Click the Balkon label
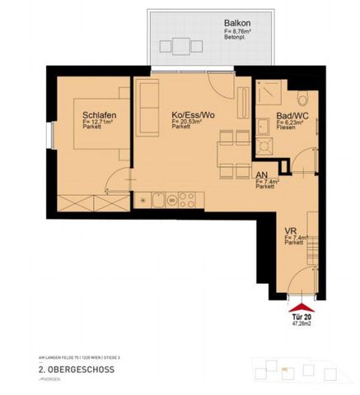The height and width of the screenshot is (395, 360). coord(237,24)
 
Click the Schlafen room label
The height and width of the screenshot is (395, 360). coord(98,115)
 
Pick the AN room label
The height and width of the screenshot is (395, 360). coord(260,175)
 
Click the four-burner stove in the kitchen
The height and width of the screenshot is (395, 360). coord(187,198)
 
